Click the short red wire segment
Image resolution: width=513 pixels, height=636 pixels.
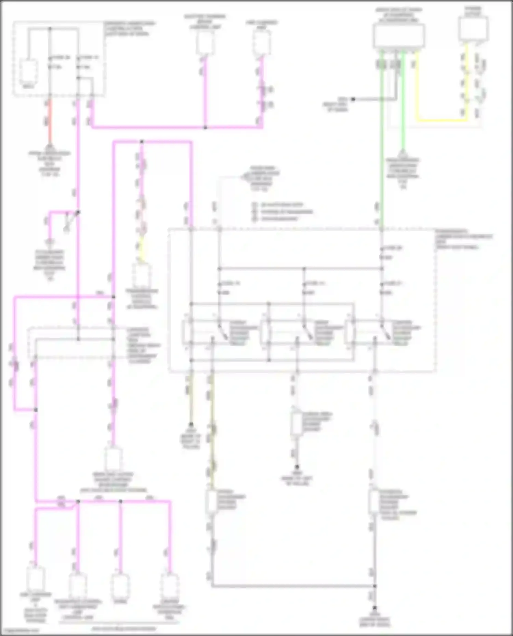[x=50, y=120]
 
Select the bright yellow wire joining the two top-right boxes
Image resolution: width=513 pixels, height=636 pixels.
[x=441, y=120]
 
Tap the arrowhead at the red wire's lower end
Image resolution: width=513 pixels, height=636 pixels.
[x=50, y=145]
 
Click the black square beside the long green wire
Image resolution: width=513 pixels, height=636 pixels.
[x=353, y=99]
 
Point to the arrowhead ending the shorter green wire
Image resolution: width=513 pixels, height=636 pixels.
[x=403, y=153]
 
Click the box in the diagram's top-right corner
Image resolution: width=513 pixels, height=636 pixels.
[x=473, y=29]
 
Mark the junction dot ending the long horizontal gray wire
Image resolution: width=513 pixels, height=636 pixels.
[x=375, y=586]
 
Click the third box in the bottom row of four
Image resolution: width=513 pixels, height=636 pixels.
[x=120, y=585]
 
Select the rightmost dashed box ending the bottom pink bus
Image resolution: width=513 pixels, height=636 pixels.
[x=170, y=585]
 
